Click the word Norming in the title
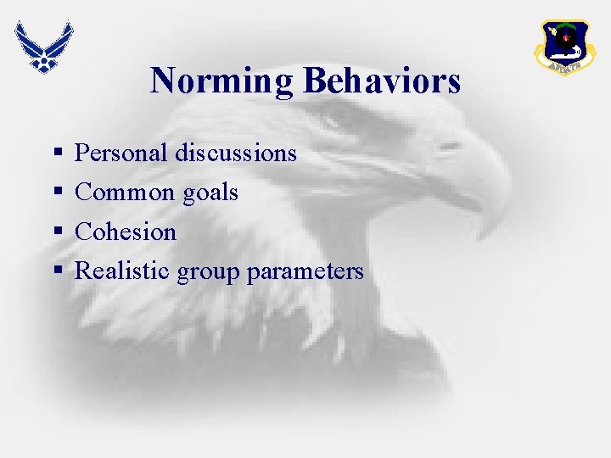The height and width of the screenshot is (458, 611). pyautogui.click(x=222, y=81)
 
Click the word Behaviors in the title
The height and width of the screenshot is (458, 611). pyautogui.click(x=381, y=81)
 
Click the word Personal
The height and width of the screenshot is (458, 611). pyautogui.click(x=121, y=153)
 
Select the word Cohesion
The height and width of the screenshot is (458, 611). pyautogui.click(x=126, y=232)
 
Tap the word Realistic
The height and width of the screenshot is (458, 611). pyautogui.click(x=123, y=271)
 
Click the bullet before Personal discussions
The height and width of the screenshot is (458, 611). pyautogui.click(x=57, y=154)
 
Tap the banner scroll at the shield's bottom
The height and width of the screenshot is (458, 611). pyautogui.click(x=564, y=64)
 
